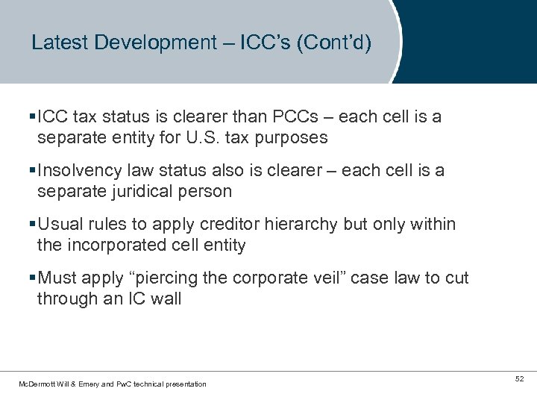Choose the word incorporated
(119, 245)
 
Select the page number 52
(519, 380)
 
